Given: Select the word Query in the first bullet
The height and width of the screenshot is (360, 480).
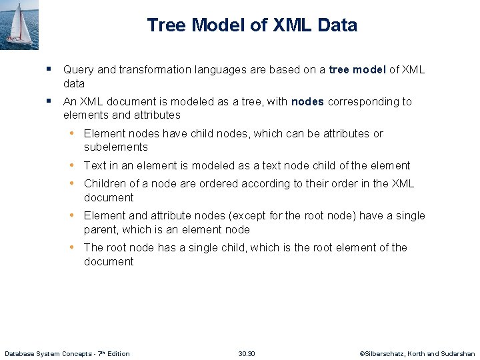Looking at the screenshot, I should tap(78, 70).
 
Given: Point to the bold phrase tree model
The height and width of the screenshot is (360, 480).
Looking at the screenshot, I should tap(357, 70).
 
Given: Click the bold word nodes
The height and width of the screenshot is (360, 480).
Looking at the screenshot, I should tap(307, 102).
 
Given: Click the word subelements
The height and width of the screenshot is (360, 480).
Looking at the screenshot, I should tap(116, 147).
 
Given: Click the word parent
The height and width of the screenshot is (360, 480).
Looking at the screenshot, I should tap(100, 230).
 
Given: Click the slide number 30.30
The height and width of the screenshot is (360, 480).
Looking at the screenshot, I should tap(247, 353).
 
